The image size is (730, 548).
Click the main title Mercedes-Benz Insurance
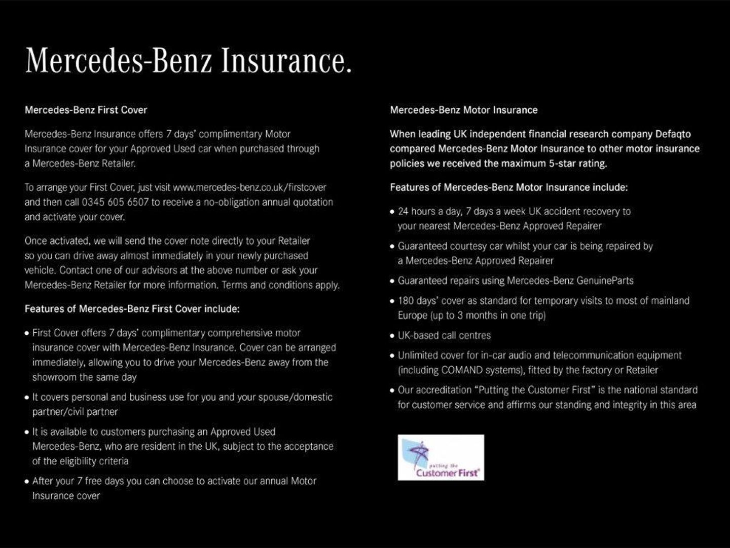(x=188, y=61)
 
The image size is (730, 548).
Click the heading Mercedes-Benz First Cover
(x=86, y=110)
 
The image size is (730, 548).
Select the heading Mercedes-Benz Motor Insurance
(x=463, y=110)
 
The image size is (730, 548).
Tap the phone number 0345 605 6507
(x=115, y=202)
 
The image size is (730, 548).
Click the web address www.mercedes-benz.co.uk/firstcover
(x=249, y=187)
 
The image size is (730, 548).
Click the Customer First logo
(x=441, y=457)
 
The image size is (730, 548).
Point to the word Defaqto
(x=673, y=134)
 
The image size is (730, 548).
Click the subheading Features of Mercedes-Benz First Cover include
(x=132, y=309)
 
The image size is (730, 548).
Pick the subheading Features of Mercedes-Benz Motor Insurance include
(x=508, y=187)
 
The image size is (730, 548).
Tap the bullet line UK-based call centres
(x=444, y=335)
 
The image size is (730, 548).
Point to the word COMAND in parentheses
(x=462, y=370)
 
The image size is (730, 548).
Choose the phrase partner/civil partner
(x=75, y=412)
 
